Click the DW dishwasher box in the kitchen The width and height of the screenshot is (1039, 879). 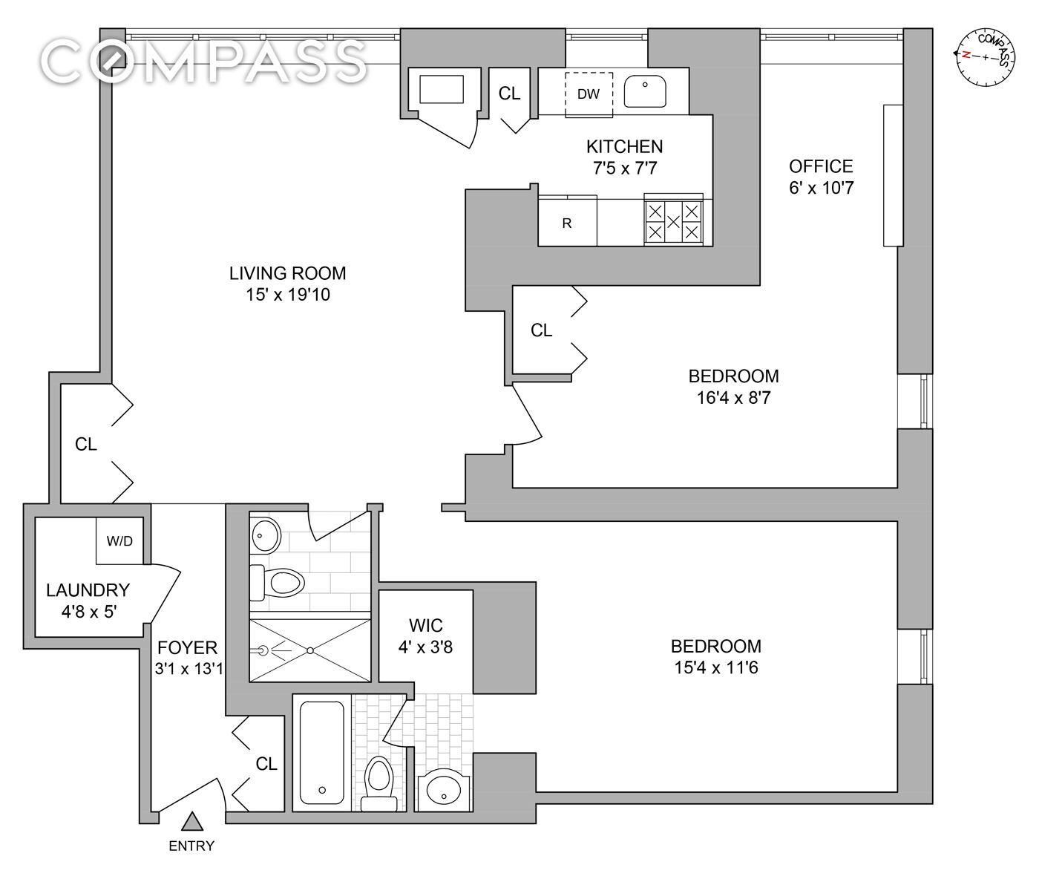[x=589, y=94]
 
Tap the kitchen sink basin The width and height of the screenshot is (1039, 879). [x=645, y=91]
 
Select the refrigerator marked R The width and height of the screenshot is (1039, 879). [x=568, y=222]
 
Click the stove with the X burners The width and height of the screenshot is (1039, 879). [x=673, y=220]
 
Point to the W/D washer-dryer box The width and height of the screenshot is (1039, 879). [x=119, y=540]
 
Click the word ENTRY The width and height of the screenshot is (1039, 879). [x=191, y=846]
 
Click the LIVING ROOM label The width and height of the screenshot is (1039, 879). [x=287, y=273]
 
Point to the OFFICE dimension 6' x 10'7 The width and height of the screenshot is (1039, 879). [x=821, y=188]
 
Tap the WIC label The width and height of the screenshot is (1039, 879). [x=426, y=625]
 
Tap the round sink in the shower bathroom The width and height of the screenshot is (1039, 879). [x=265, y=535]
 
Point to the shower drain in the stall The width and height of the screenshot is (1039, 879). [x=311, y=650]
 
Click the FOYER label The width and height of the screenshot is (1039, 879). [x=188, y=647]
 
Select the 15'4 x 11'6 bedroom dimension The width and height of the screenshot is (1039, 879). [x=715, y=668]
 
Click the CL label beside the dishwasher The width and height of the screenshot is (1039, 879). [x=509, y=93]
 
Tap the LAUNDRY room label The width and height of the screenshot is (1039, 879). [x=88, y=590]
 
